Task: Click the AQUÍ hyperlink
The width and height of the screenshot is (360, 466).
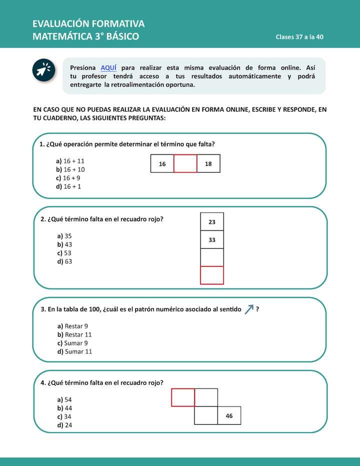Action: point(108,67)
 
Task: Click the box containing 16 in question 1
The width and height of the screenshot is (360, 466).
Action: point(162,164)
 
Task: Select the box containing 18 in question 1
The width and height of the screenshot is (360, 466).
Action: point(208,164)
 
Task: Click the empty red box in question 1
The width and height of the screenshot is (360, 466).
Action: point(185,164)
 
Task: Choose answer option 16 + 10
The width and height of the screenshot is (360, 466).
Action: point(70,169)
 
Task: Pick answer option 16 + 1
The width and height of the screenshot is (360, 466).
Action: point(68,186)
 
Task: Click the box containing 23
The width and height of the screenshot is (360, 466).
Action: point(212,222)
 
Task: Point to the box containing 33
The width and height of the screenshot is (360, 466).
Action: point(212,240)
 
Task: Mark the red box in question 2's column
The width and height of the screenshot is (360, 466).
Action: point(212,275)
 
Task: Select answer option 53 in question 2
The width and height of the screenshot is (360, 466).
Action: point(64,253)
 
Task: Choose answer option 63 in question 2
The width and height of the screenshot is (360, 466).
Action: point(64,261)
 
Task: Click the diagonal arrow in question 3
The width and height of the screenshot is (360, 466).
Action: point(249,309)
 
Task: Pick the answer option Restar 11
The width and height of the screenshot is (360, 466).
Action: point(75,334)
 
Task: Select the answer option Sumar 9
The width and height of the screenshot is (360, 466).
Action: point(73,343)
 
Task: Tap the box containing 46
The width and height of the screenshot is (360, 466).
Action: point(229,415)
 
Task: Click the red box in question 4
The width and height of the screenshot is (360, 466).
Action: point(183,397)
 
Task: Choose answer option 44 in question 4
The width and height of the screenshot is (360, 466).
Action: point(64,408)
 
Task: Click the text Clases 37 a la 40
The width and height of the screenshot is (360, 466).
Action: point(300,37)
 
